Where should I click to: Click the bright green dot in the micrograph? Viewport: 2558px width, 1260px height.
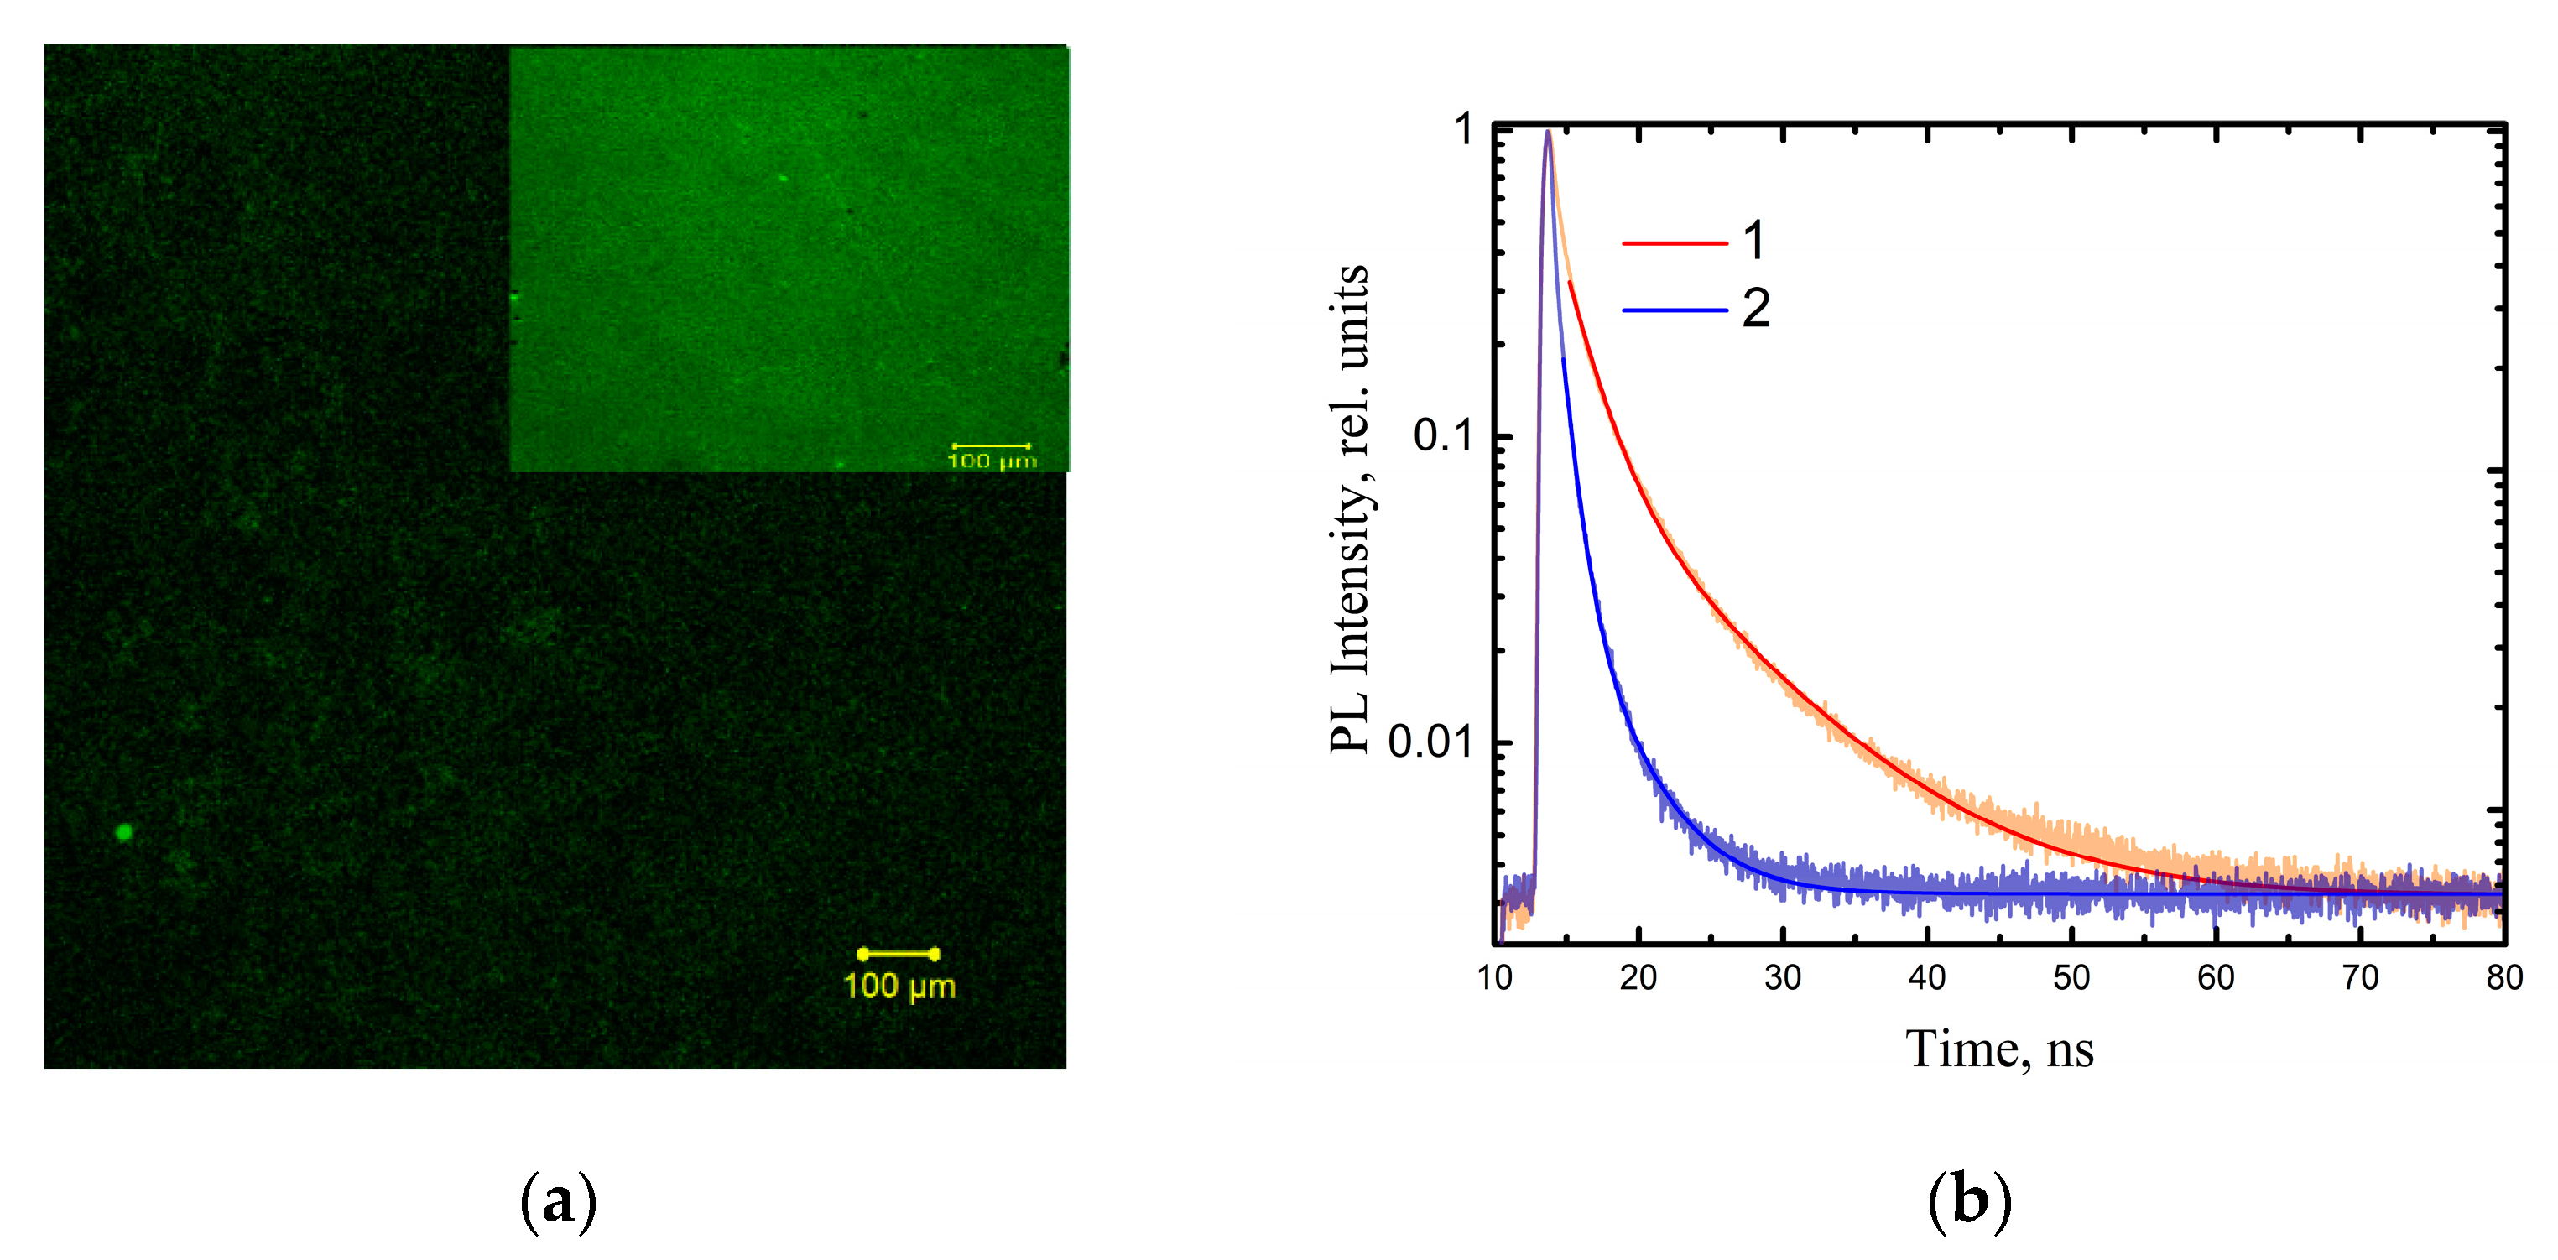point(124,832)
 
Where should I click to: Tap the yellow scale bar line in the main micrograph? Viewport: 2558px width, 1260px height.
point(899,954)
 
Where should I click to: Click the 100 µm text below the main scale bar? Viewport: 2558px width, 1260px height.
point(899,987)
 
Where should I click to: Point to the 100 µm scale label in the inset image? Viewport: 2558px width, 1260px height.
point(991,461)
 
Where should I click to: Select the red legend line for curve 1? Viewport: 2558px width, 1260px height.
point(1675,243)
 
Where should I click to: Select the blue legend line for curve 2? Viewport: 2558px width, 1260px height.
point(1675,310)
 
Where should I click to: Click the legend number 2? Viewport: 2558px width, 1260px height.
point(1756,309)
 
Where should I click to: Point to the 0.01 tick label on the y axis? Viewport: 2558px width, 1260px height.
point(1430,742)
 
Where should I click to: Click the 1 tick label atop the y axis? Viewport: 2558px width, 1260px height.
point(1464,130)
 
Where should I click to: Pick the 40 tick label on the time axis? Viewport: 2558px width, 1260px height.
point(1926,978)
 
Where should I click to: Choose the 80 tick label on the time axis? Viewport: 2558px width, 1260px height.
point(2503,978)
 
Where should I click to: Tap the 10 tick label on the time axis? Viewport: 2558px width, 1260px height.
point(1493,978)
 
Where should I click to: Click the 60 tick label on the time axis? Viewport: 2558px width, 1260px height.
point(2216,978)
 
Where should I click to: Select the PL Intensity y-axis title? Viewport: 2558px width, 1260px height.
point(1351,508)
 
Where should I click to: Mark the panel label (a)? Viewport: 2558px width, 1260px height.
point(558,1201)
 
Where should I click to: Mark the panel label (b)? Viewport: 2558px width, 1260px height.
point(1969,1201)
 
